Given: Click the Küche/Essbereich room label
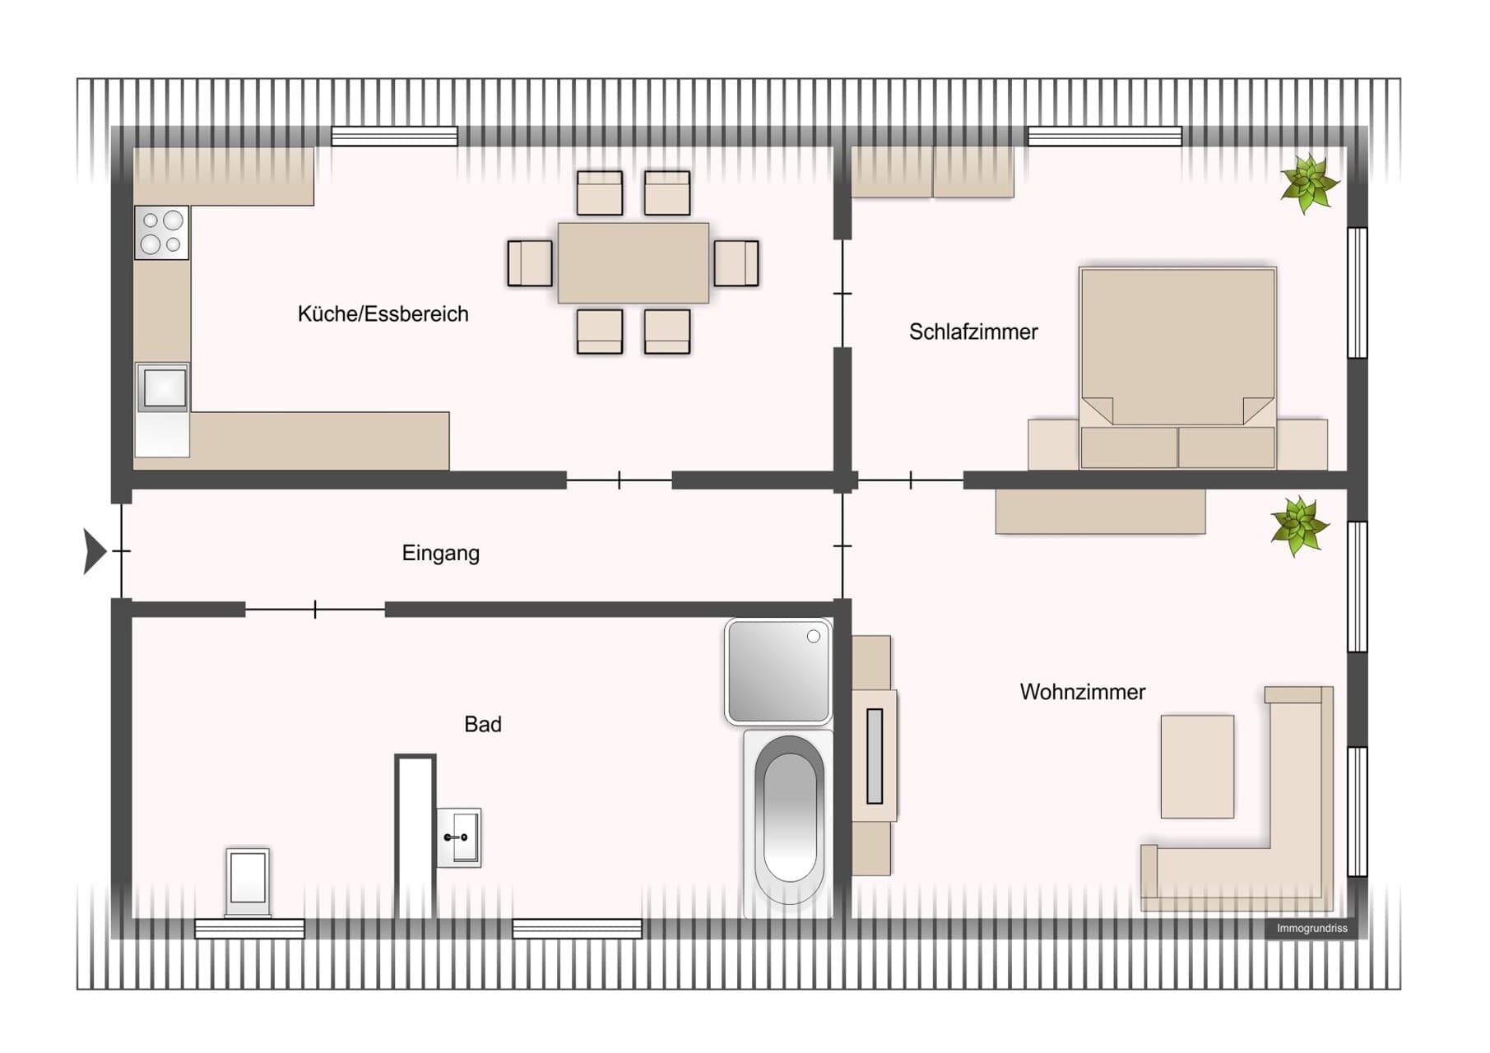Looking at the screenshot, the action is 383,314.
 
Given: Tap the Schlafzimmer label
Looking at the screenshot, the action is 973,332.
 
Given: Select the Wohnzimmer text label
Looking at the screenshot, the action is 1082,692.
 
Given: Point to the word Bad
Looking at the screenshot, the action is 482,724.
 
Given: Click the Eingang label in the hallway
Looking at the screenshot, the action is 440,553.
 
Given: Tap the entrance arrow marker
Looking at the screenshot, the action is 95,550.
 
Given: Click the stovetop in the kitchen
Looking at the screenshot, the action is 162,232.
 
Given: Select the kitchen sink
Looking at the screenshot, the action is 163,387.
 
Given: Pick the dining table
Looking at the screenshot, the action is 633,262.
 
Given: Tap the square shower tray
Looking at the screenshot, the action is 778,671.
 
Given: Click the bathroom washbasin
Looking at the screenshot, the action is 458,837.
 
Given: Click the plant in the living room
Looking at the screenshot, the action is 1299,526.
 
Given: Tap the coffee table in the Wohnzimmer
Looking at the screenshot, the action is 1197,767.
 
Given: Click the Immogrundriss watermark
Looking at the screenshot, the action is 1311,929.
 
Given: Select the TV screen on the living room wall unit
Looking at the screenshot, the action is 875,756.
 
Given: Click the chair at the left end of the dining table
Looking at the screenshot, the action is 530,263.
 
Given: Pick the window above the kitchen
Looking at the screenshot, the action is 394,137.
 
